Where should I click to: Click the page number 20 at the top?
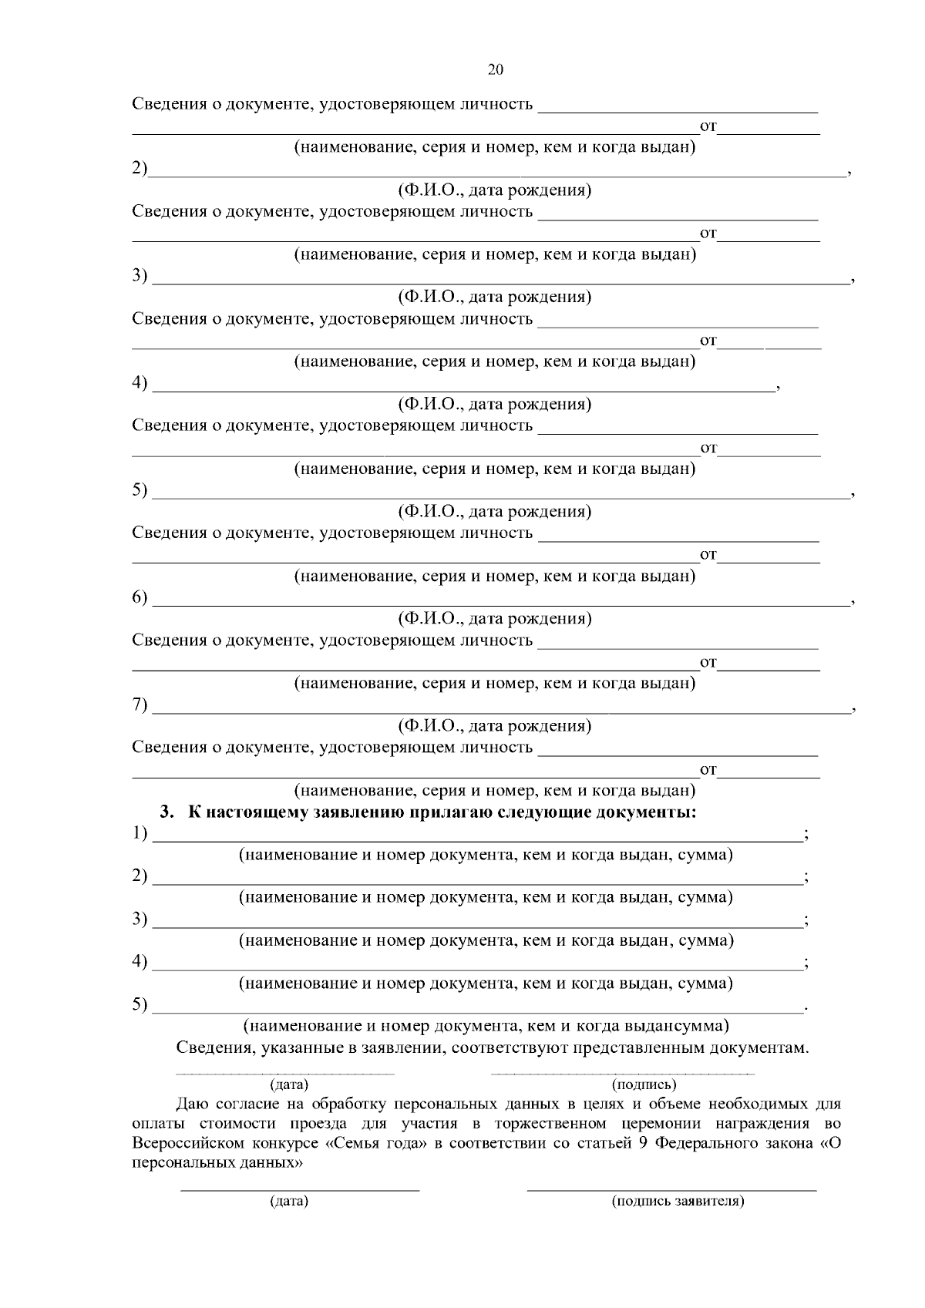click(x=495, y=70)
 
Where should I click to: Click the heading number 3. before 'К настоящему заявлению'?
click(x=167, y=812)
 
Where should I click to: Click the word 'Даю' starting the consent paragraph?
click(x=191, y=1104)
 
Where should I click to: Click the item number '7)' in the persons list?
click(x=140, y=704)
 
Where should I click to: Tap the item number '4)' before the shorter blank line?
click(x=140, y=383)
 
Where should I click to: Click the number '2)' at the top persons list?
click(x=140, y=169)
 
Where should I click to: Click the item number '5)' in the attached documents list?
click(x=140, y=1004)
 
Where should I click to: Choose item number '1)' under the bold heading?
click(x=140, y=833)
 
